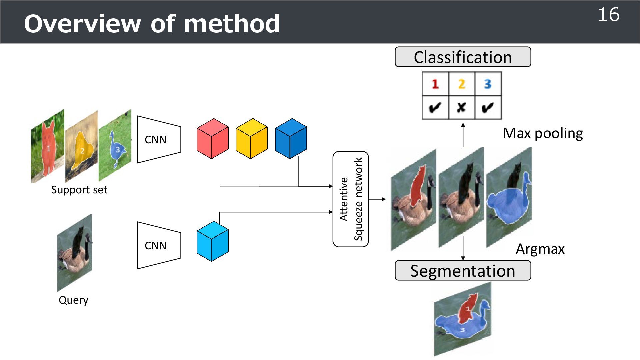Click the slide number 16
point(609,15)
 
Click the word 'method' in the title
point(232,24)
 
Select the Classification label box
point(463,57)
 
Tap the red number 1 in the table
point(435,84)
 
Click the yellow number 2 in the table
point(461,84)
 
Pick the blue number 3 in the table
point(488,84)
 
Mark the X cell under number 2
point(461,107)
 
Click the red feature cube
point(213,139)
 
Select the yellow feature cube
point(252,139)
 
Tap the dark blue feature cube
point(291,139)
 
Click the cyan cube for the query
point(213,241)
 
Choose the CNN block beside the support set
point(159,139)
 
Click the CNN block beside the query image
point(159,245)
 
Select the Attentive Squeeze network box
point(351,199)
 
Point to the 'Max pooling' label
point(543,133)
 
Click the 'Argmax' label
point(540,249)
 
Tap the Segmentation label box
point(463,271)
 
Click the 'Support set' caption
point(79,190)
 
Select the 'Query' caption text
point(73,300)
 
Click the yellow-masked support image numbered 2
point(82,147)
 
